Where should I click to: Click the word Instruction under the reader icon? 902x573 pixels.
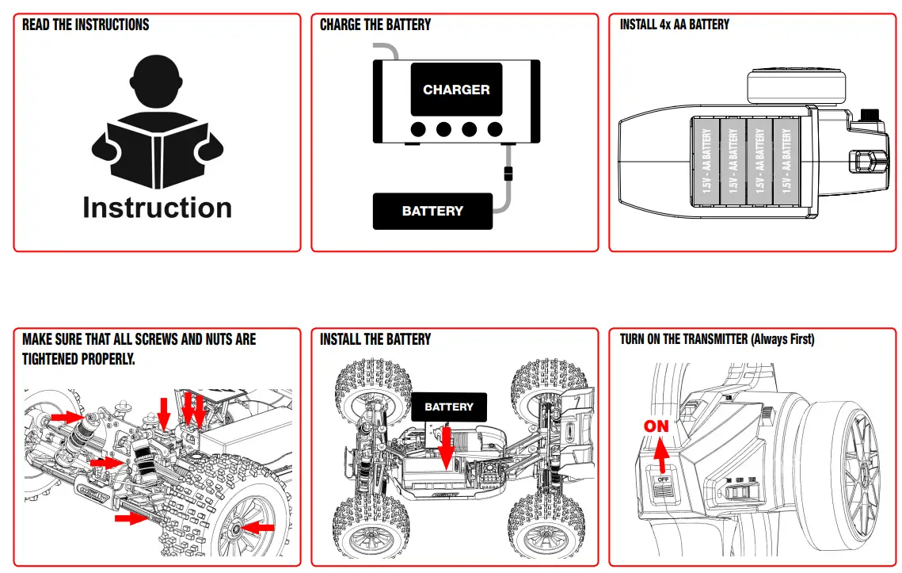click(x=157, y=208)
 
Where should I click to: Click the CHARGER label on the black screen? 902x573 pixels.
click(x=456, y=90)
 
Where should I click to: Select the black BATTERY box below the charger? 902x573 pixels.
click(x=432, y=211)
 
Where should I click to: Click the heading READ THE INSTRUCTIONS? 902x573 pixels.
click(x=86, y=25)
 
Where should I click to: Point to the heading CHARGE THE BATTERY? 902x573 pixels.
click(x=375, y=25)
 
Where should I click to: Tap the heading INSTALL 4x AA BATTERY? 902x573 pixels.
click(x=675, y=25)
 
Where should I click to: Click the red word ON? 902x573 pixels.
click(x=656, y=426)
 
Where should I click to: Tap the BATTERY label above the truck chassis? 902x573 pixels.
click(x=449, y=407)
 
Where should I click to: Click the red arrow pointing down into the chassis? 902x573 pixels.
click(x=447, y=448)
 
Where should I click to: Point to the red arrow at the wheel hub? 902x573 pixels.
click(x=258, y=527)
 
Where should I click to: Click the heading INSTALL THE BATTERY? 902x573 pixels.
click(x=375, y=339)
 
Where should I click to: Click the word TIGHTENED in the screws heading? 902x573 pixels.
click(x=50, y=359)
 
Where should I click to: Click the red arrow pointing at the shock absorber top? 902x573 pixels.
click(x=67, y=416)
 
